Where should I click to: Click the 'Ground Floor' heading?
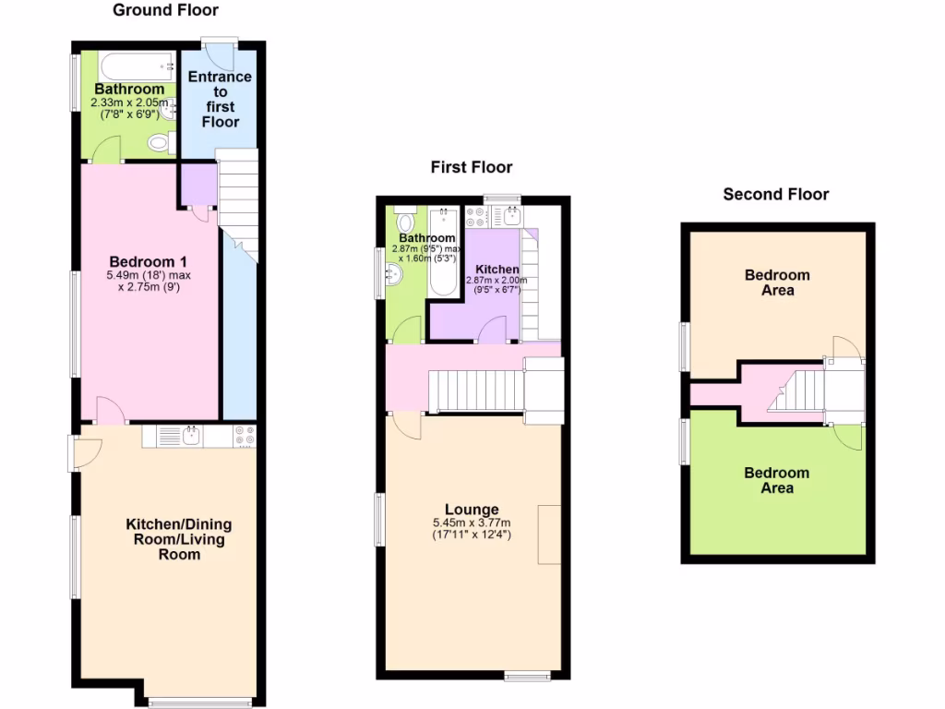(165, 11)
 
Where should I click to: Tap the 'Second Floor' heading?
(775, 194)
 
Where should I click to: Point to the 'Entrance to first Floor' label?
(220, 99)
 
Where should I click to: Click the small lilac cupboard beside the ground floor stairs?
(197, 184)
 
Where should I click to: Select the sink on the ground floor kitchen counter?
(192, 436)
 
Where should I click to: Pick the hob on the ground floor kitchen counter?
(245, 436)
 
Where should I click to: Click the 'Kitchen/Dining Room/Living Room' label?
(179, 539)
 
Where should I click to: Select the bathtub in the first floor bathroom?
(444, 254)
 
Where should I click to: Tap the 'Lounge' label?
(472, 510)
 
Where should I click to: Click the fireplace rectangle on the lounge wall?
(549, 535)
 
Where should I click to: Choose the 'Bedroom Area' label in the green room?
(776, 480)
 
